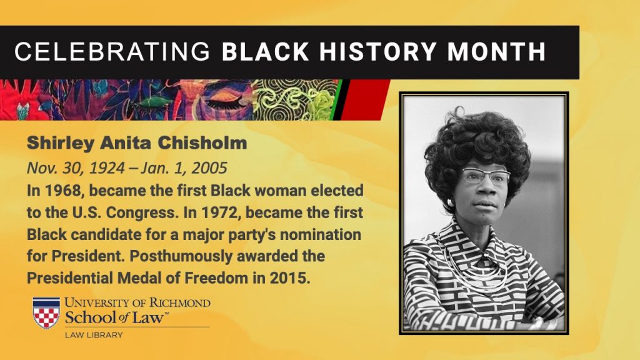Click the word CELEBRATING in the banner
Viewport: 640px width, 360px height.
(112, 51)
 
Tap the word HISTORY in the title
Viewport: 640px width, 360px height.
(378, 51)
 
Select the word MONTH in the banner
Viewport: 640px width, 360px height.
(496, 51)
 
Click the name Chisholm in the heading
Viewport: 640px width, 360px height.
(202, 143)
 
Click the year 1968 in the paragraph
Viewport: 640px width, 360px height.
(62, 191)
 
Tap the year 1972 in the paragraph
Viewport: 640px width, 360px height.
(219, 212)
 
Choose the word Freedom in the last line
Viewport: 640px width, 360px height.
(216, 278)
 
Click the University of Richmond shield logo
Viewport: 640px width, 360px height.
(46, 312)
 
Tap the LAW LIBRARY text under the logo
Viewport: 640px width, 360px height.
(94, 335)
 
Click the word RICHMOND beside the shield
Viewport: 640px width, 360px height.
(179, 303)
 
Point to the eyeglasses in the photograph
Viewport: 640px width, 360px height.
(486, 176)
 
